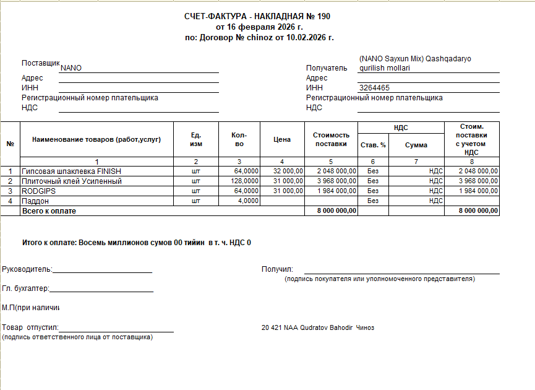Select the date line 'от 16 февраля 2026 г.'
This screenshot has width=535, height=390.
[x=259, y=27]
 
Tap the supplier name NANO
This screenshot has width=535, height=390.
[x=71, y=68]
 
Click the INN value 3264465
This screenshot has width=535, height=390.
[x=374, y=88]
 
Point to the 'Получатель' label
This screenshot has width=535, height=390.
[x=327, y=68]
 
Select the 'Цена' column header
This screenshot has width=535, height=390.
[x=282, y=139]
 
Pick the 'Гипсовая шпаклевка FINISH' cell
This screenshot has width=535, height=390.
[x=71, y=171]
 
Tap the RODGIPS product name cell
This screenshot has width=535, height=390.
[x=39, y=191]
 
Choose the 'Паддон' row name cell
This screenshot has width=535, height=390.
[x=36, y=201]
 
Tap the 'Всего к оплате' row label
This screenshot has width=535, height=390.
[x=49, y=211]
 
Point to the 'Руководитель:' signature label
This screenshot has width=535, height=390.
[x=27, y=269]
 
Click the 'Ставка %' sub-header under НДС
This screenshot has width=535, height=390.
[x=373, y=145]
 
